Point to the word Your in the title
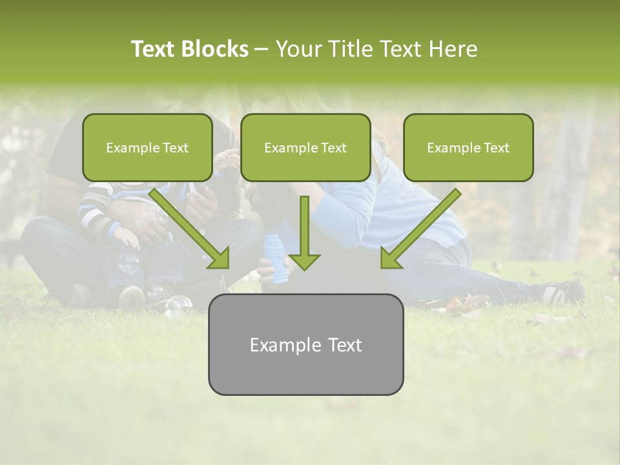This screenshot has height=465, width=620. click(296, 49)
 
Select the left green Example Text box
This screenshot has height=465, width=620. click(147, 148)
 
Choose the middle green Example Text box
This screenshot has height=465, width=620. click(305, 148)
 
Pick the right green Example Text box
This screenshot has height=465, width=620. click(468, 148)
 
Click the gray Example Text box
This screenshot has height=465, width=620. click(305, 344)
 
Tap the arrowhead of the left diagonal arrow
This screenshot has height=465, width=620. click(218, 258)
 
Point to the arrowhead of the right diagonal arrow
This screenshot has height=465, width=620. click(391, 258)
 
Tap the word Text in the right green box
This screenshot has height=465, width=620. click(497, 148)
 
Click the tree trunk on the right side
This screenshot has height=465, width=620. click(568, 187)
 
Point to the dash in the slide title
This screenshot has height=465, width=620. click(262, 49)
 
